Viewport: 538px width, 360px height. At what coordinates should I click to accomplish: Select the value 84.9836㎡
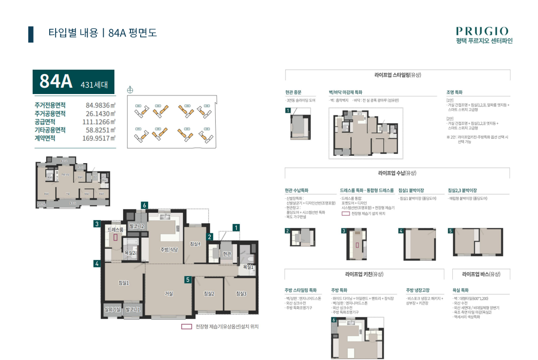point(100,105)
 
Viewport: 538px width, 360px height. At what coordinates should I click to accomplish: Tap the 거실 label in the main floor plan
point(169,293)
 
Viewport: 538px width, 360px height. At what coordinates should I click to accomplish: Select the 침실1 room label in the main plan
point(124,283)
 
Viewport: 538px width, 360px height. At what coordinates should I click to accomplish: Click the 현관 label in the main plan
point(227,254)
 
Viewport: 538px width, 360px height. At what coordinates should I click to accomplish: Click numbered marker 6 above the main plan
point(144,206)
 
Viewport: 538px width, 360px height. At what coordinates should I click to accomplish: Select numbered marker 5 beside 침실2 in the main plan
point(187,280)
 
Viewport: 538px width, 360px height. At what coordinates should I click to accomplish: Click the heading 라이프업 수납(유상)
point(397,173)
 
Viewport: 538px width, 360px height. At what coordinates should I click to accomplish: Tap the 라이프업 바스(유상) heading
point(481,274)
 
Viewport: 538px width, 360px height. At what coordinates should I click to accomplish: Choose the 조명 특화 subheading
point(454,92)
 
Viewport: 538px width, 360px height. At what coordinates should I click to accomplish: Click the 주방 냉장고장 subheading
point(418,290)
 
